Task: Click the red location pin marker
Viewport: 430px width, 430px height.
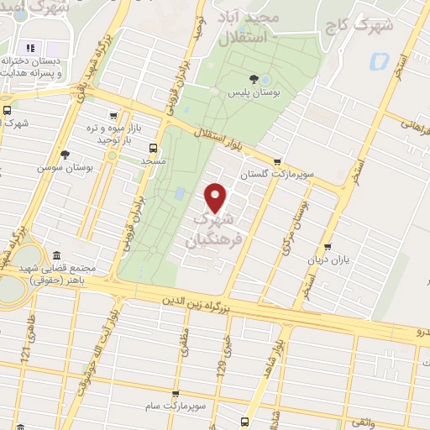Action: [x=216, y=197]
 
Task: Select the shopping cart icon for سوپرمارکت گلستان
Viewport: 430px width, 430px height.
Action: [x=276, y=163]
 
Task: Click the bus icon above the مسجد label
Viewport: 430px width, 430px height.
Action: [x=152, y=148]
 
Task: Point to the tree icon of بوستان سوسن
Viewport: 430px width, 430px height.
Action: [x=64, y=154]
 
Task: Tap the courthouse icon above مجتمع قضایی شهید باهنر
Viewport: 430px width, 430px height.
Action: [x=55, y=255]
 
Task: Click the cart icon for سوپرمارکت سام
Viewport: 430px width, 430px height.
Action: [x=175, y=393]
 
